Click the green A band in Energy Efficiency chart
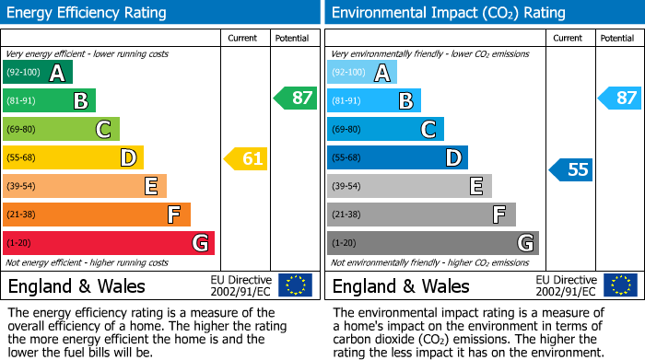38,73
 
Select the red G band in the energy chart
109,243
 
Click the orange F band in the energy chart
97,215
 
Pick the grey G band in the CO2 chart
432,243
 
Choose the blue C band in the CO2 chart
385,130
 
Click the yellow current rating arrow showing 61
246,159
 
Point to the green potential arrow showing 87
296,98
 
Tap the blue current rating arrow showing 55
571,169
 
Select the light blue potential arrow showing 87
620,98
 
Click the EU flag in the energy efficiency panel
295,285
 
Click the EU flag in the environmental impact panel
620,285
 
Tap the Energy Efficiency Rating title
88,13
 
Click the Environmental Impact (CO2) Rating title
448,13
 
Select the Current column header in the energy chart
243,38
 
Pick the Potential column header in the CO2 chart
616,38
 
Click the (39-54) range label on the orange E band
21,187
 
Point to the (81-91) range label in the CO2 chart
346,101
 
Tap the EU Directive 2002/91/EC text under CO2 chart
566,285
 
